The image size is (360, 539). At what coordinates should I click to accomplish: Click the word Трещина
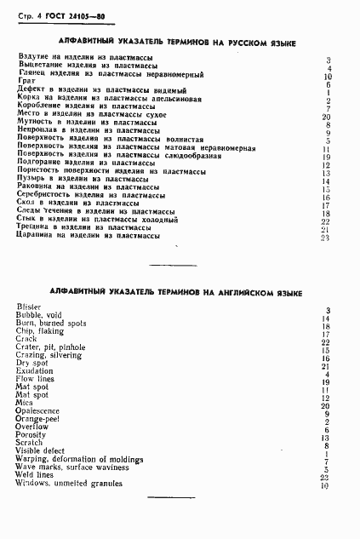tap(34, 227)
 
